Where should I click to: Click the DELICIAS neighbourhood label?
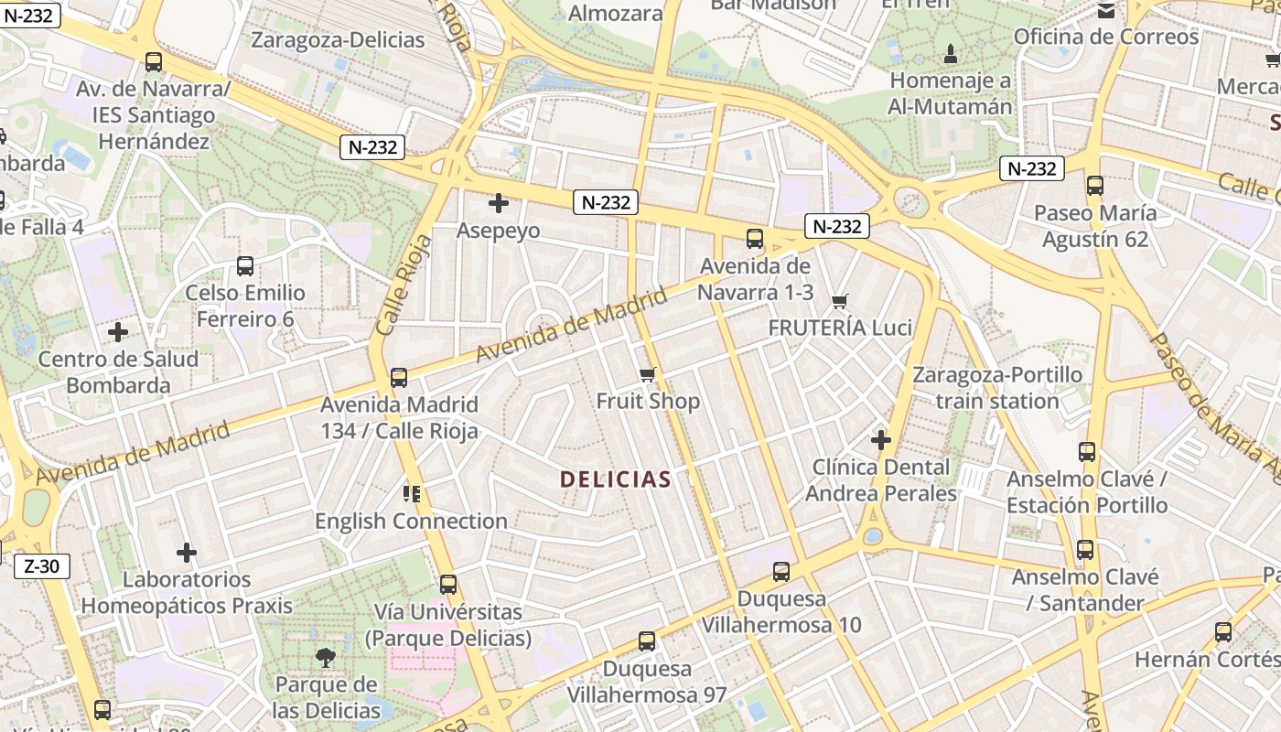616,479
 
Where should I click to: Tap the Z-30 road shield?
42,566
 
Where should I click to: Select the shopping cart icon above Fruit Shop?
648,374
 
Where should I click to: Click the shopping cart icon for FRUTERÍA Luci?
840,301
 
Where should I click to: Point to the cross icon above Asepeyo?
499,203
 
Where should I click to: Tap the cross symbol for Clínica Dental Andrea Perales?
881,440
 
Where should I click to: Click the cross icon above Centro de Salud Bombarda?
118,331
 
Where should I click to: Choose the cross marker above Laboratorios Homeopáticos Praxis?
187,553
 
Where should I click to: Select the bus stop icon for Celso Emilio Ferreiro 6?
245,266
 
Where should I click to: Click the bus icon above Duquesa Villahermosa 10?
781,572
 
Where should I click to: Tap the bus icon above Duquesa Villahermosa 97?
647,641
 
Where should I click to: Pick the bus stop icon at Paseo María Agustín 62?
1095,186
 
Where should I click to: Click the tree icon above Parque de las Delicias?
325,656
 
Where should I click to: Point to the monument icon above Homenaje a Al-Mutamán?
951,53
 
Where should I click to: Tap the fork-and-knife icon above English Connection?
411,494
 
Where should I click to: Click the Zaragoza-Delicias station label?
338,40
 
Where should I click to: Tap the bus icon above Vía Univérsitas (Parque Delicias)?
448,585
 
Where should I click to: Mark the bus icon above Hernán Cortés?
1223,632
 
